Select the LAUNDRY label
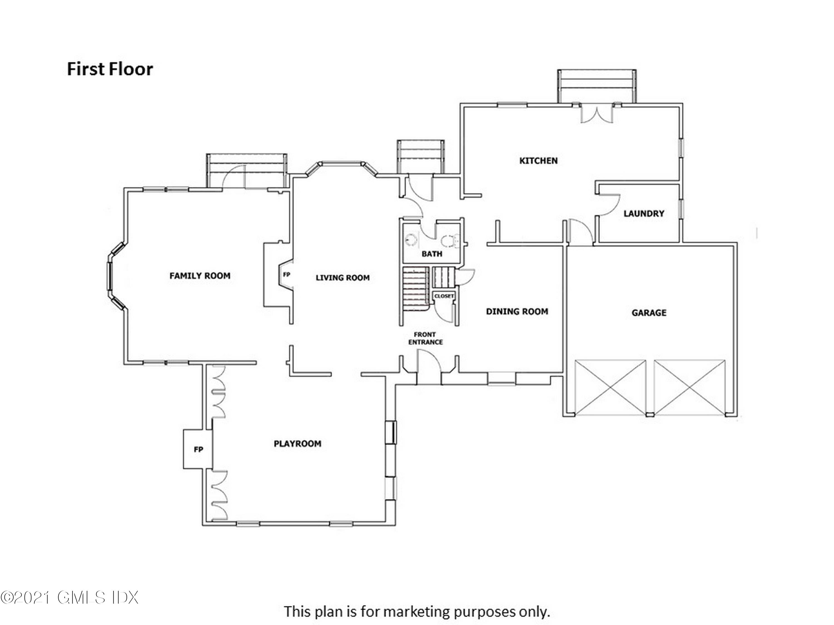644,214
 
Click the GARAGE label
649,313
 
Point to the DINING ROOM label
517,312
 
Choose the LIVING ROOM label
342,278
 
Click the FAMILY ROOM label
200,276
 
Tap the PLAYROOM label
297,444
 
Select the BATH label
432,254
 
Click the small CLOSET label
444,296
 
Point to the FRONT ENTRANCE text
425,338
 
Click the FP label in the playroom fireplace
198,449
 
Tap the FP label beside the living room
287,275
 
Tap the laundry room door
608,205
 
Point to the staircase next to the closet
415,288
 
